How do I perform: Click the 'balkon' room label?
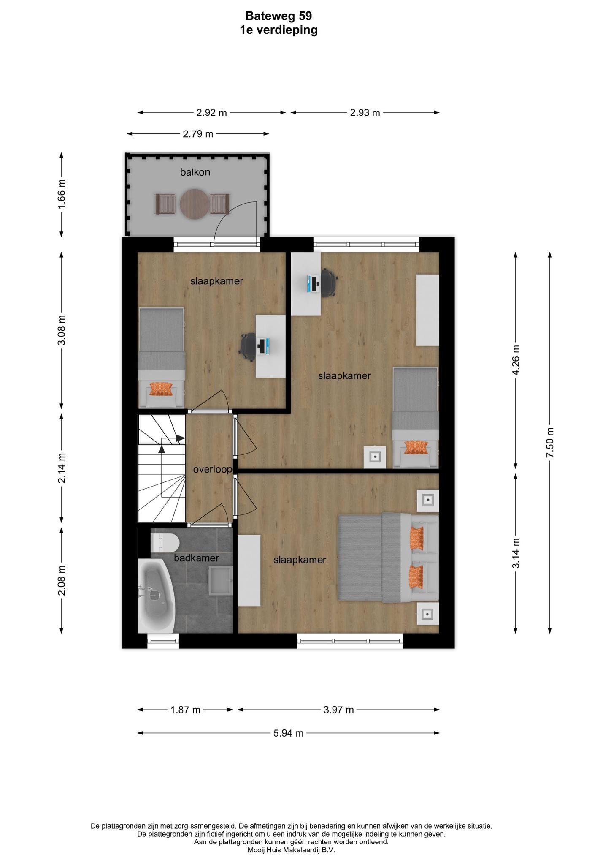[x=195, y=172]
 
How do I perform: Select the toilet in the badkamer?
[x=165, y=543]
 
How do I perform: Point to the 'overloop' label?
[x=213, y=469]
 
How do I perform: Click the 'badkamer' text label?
[x=197, y=558]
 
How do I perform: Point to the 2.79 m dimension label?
[x=198, y=134]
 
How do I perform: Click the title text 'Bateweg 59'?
[x=279, y=16]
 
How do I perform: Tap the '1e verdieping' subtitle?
[x=279, y=30]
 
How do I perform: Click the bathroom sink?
[x=220, y=580]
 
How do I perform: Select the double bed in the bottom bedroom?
[x=389, y=558]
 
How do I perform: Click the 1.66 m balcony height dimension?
[x=62, y=194]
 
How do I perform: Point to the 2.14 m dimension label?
[x=62, y=468]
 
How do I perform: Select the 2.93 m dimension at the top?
[x=365, y=113]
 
